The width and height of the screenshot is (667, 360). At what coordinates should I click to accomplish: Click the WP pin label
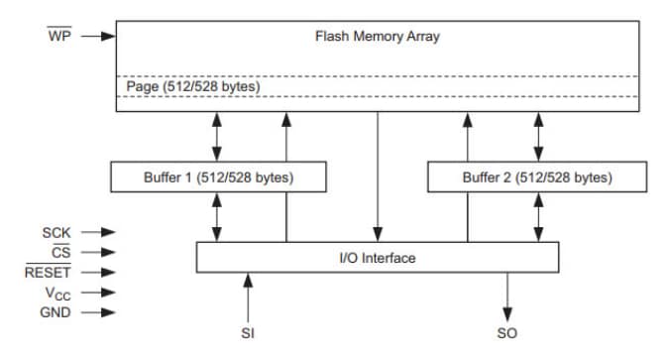click(59, 37)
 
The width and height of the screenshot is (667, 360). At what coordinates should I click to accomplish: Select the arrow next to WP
click(98, 37)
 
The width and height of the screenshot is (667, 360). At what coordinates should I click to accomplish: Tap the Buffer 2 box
click(536, 179)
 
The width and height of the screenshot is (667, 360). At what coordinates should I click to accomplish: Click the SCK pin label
click(56, 233)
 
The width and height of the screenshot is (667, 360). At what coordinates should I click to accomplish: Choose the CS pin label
click(60, 252)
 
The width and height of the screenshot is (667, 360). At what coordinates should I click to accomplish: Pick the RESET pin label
click(48, 272)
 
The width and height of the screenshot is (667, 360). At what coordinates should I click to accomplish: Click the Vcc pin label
click(56, 293)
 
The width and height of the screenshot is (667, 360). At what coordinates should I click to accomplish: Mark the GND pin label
click(55, 311)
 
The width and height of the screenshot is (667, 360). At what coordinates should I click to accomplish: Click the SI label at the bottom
click(248, 333)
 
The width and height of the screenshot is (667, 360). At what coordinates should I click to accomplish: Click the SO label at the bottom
click(506, 333)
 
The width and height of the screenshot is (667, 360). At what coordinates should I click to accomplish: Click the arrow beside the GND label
click(98, 311)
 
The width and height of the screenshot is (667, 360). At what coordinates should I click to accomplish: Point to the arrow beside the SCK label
click(98, 233)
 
